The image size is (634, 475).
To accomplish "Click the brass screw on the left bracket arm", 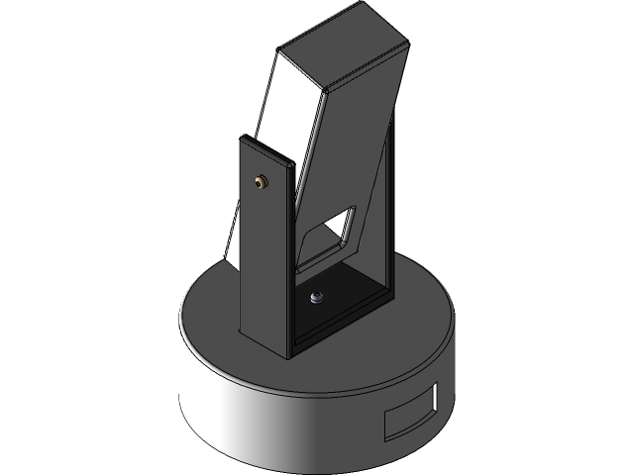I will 262,182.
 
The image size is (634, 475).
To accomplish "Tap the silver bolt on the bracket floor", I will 316,297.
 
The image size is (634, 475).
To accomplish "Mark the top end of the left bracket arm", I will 267,148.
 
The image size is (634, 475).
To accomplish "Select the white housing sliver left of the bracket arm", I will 232,233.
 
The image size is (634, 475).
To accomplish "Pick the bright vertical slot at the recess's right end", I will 434,398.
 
